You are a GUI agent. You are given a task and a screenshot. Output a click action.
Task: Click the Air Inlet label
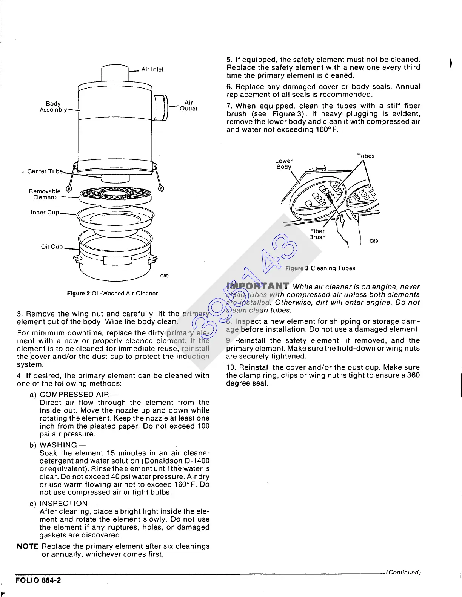tap(152, 69)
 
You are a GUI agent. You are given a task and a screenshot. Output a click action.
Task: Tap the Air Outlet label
tap(188, 106)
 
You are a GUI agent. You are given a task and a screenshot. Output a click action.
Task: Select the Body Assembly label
tap(53, 106)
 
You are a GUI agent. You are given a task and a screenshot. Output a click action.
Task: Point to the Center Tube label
tap(45, 171)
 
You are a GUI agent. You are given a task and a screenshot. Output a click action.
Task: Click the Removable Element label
tap(45, 194)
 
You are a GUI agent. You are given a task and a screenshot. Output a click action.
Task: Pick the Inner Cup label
tap(45, 213)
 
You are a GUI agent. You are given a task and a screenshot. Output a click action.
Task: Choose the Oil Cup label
tap(52, 246)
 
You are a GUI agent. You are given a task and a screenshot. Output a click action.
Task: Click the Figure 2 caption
tap(112, 293)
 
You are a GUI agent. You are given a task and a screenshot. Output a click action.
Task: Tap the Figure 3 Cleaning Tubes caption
tap(320, 268)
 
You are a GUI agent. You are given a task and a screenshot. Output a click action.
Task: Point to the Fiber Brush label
tap(317, 234)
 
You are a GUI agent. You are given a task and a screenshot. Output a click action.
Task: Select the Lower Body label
tap(284, 164)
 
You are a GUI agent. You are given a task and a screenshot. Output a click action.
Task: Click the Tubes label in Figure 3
tap(365, 156)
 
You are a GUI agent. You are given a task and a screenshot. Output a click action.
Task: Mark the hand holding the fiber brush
tap(348, 226)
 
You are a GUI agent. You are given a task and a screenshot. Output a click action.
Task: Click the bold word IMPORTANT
tap(258, 286)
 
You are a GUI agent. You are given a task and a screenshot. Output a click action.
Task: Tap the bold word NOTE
tap(28, 546)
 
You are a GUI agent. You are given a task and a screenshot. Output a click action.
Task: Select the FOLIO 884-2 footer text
tap(38, 580)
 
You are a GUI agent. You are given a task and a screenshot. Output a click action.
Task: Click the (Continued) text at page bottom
tap(403, 572)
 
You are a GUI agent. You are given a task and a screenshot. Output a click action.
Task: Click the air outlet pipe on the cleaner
tap(161, 107)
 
